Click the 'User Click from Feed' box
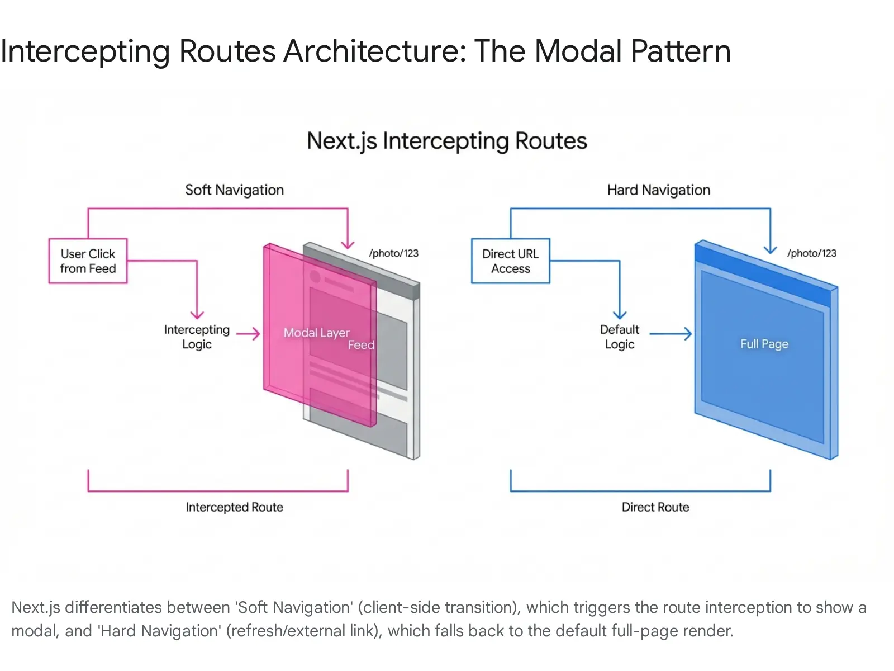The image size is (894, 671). pyautogui.click(x=88, y=261)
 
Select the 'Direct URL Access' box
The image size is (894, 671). pyautogui.click(x=510, y=261)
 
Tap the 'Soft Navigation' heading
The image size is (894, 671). pyautogui.click(x=234, y=190)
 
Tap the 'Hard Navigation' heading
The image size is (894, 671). pyautogui.click(x=658, y=190)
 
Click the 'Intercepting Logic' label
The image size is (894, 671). pyautogui.click(x=197, y=337)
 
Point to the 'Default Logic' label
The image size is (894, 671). pyautogui.click(x=619, y=337)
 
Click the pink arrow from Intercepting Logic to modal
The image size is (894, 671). pyautogui.click(x=249, y=334)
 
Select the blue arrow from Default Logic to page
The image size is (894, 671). pyautogui.click(x=670, y=334)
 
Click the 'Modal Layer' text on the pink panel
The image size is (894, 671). pyautogui.click(x=316, y=333)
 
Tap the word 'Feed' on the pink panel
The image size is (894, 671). pyautogui.click(x=361, y=345)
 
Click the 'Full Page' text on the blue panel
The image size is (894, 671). pyautogui.click(x=764, y=344)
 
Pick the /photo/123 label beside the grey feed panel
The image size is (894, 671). pyautogui.click(x=393, y=253)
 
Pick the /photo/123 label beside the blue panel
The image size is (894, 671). pyautogui.click(x=811, y=253)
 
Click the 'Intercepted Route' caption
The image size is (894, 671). pyautogui.click(x=234, y=507)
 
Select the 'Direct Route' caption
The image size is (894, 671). pyautogui.click(x=655, y=507)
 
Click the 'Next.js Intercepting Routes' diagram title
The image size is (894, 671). pyautogui.click(x=446, y=141)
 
